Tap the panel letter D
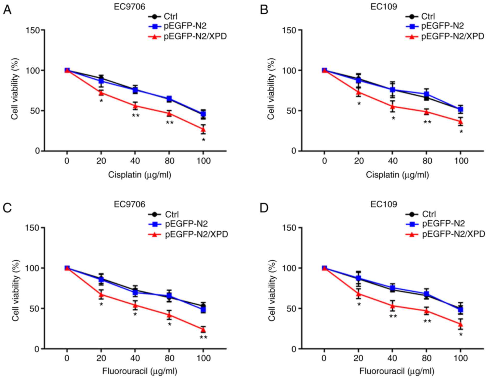(264, 208)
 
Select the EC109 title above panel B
(384, 7)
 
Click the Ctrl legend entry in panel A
(170, 17)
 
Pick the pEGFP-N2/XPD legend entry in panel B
(452, 37)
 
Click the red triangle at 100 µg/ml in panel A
(203, 129)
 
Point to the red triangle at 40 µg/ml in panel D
(393, 306)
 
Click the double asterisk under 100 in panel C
(203, 338)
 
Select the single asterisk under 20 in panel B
(359, 104)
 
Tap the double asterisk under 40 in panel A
(135, 116)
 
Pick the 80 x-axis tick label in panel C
(169, 359)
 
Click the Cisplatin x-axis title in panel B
(397, 175)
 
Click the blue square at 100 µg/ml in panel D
(460, 310)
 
